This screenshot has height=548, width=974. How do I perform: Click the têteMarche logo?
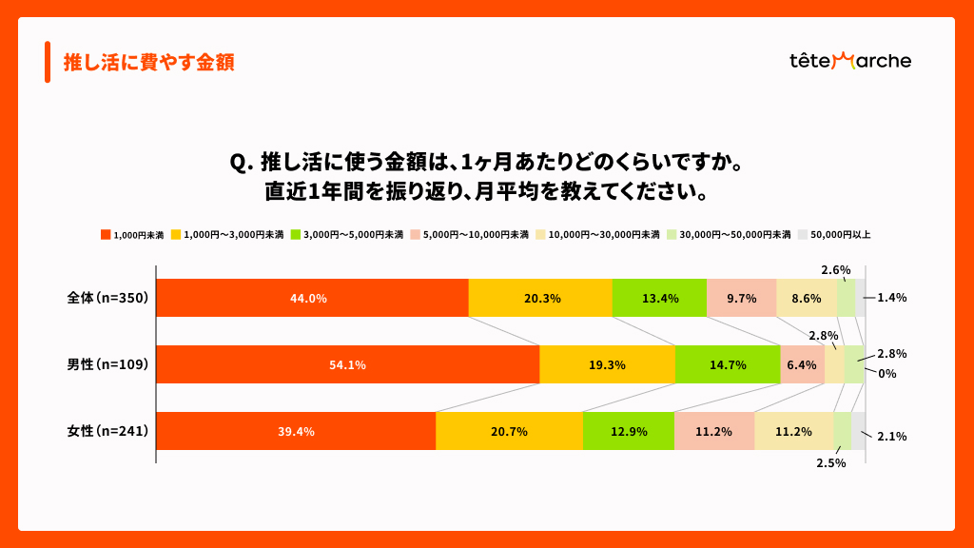[x=849, y=62]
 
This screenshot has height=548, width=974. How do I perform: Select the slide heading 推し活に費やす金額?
[x=148, y=63]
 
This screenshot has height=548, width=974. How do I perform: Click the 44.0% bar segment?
[x=312, y=298]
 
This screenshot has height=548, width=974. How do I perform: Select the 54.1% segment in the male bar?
[x=347, y=364]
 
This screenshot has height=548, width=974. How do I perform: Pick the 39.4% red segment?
[x=296, y=431]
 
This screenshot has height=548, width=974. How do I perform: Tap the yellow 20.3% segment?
[x=540, y=298]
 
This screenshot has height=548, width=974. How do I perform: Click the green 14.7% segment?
[x=728, y=364]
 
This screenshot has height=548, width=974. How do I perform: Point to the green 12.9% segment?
[x=629, y=431]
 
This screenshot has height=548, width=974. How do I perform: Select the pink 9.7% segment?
[x=741, y=298]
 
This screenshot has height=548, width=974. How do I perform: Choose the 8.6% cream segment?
[x=807, y=298]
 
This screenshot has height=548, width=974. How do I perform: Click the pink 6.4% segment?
[x=802, y=364]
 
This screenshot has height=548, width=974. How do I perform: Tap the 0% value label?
[x=886, y=374]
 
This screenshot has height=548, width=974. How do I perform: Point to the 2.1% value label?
[x=891, y=437]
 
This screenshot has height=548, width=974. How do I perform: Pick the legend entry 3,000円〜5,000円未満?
[x=346, y=234]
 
